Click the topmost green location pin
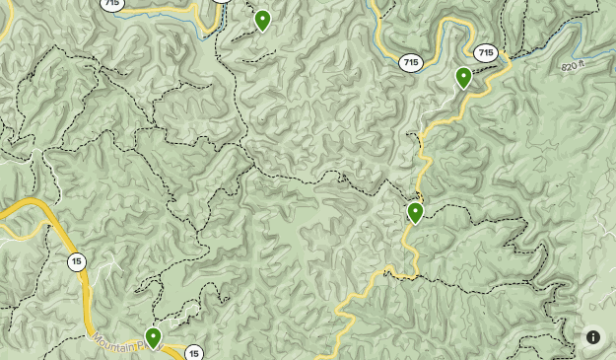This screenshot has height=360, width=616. (262, 20)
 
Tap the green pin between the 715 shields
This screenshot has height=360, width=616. (463, 77)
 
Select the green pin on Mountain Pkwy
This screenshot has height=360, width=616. (153, 338)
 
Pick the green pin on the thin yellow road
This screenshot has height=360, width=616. (415, 212)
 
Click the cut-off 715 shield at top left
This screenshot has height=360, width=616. (112, 4)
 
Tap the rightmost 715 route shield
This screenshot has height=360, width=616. (485, 53)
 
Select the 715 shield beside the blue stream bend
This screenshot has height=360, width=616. (411, 63)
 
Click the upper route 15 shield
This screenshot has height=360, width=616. (76, 262)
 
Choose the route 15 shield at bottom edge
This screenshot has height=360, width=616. (194, 353)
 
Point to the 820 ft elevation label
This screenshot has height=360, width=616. (573, 66)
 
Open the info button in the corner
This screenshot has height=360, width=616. (593, 337)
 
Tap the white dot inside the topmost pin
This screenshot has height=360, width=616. (262, 17)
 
